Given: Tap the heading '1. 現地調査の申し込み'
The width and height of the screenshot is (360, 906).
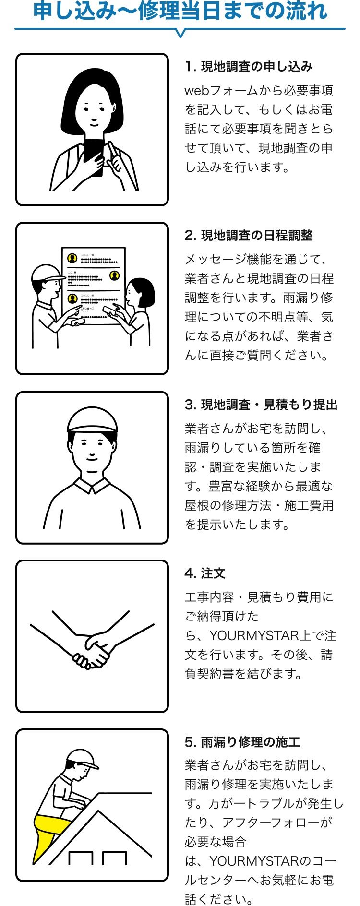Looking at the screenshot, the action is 249,67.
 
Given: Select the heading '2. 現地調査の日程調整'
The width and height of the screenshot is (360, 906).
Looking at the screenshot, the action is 249,236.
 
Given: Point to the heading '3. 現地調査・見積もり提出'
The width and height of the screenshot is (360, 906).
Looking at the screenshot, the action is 261,405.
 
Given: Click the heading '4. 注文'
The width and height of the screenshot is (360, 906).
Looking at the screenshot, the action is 205,573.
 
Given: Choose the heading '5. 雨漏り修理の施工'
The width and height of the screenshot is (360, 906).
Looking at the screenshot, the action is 242,742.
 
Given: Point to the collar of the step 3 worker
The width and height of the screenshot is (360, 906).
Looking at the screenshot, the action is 92,486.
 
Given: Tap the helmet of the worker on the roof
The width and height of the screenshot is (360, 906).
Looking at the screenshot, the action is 82,759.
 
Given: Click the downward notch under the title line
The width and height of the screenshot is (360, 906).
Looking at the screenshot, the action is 180,33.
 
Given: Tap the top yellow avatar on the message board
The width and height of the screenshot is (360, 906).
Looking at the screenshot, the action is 72,259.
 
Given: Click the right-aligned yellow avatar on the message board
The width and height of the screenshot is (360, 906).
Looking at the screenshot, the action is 114,275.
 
